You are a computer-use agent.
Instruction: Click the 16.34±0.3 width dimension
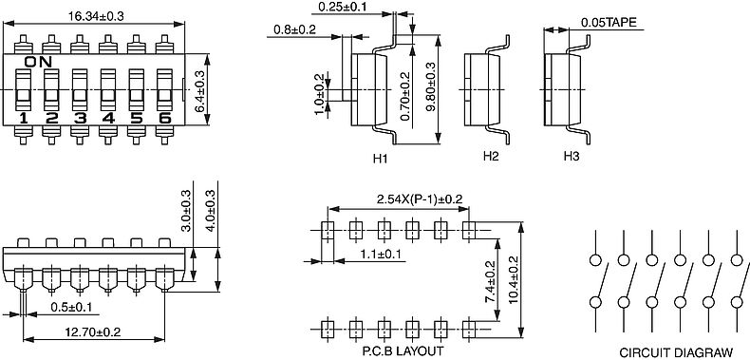(x=96, y=16)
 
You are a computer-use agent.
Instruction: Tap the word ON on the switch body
(x=38, y=62)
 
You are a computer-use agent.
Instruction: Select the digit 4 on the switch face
(x=108, y=118)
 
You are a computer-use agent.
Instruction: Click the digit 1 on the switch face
(x=24, y=118)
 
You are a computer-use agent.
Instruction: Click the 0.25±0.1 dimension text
(x=343, y=7)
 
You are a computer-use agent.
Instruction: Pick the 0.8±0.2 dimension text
(x=294, y=29)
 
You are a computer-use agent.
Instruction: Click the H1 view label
(x=381, y=159)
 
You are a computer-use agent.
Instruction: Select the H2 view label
(x=491, y=156)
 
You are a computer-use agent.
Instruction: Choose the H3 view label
(x=572, y=156)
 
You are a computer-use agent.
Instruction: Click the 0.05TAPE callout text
(x=609, y=22)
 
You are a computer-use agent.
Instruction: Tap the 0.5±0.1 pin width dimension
(x=71, y=307)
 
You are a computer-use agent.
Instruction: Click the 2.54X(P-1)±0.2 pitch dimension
(x=420, y=199)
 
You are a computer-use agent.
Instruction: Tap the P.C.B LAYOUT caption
(x=403, y=351)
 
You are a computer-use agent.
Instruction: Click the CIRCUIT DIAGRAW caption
(x=676, y=351)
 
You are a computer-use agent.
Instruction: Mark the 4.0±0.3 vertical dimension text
(x=210, y=211)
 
